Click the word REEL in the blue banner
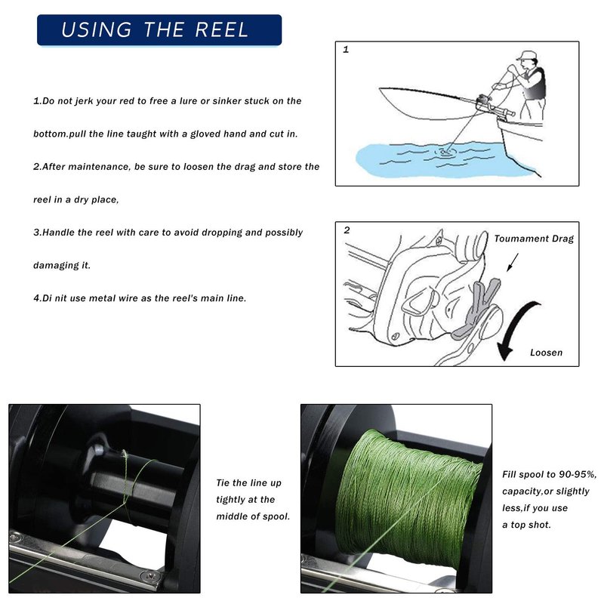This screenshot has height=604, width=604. point(221,29)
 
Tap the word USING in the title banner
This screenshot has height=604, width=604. point(97,29)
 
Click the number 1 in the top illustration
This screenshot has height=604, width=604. point(346,50)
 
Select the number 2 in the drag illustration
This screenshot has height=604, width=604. point(347,230)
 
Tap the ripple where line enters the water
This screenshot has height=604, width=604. point(445,152)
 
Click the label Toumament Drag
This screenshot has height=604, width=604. point(534,239)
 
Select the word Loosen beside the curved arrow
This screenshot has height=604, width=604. point(546,353)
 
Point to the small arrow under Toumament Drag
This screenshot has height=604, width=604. point(513,263)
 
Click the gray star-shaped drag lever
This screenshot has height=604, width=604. point(478,308)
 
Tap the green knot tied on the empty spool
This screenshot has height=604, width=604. point(125,455)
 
